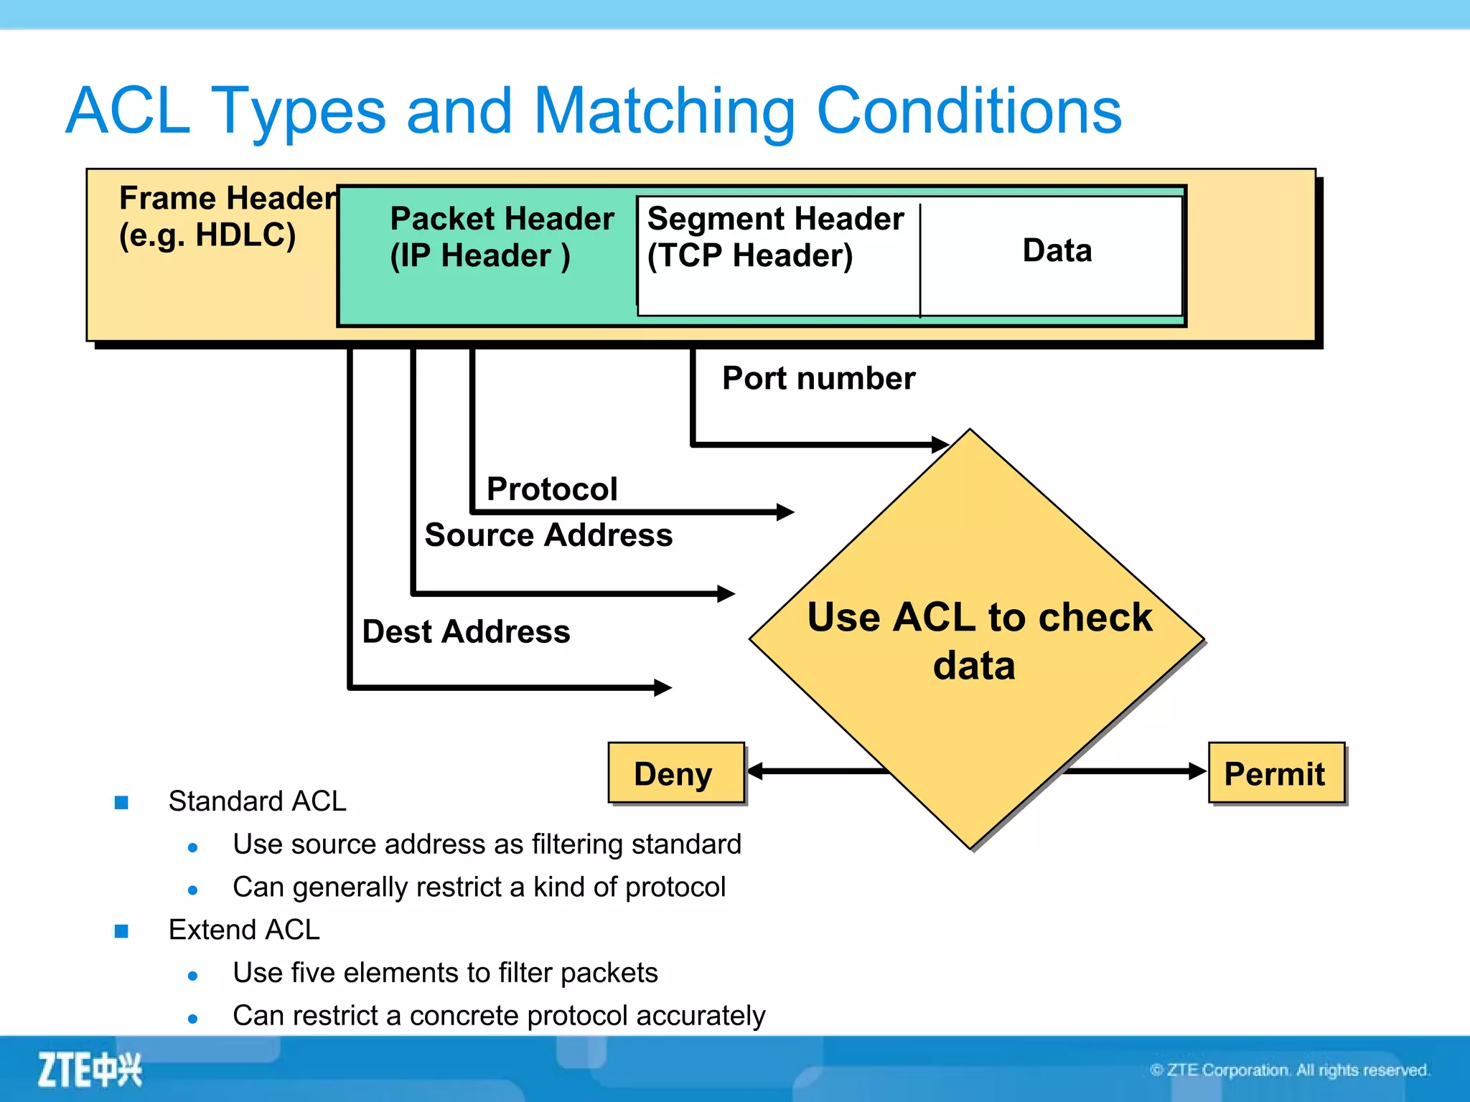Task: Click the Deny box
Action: tap(675, 773)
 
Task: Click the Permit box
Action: tap(1275, 773)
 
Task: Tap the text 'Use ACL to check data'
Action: tap(978, 641)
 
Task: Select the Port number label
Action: tap(818, 378)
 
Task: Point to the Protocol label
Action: tap(551, 489)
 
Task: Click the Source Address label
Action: tap(548, 535)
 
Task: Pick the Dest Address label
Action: tap(466, 631)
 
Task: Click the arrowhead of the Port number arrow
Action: tap(940, 444)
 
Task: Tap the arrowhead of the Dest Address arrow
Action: tap(663, 687)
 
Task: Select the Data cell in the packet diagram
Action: tap(1057, 250)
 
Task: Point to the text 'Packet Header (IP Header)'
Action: tap(501, 237)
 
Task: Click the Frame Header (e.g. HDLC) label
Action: tap(226, 216)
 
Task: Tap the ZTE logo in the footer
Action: tap(90, 1069)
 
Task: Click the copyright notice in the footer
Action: tap(1289, 1070)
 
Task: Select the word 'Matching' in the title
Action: tap(664, 110)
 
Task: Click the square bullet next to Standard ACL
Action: tap(121, 802)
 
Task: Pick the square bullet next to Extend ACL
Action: tap(121, 931)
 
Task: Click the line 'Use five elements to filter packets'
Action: tap(445, 973)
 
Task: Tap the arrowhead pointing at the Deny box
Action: tap(755, 771)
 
